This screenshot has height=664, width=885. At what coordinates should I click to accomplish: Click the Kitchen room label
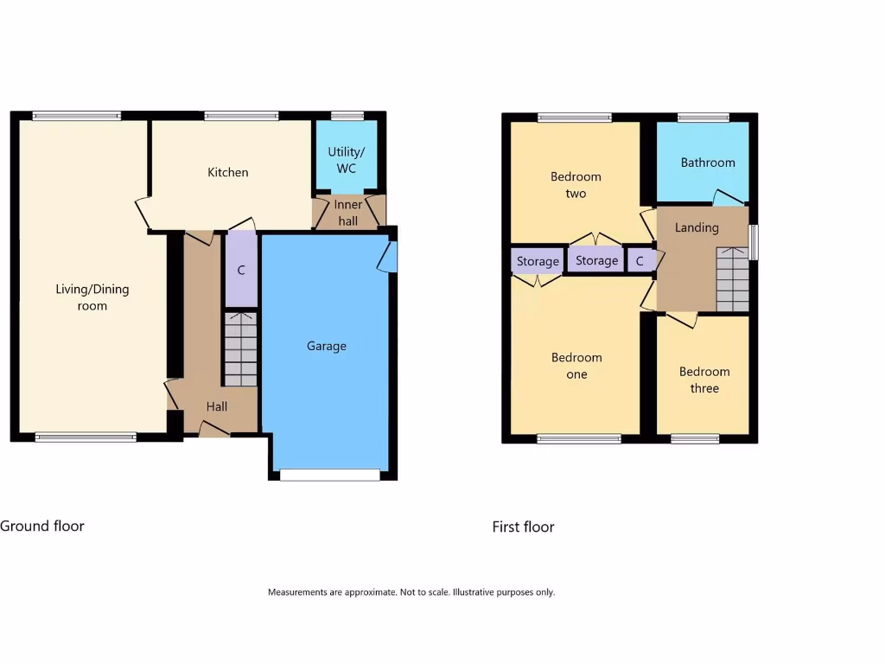pos(228,172)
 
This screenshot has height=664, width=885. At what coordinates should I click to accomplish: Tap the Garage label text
pos(327,346)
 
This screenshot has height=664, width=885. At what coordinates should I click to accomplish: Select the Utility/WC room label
pos(346,160)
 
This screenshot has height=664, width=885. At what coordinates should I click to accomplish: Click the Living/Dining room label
pos(92,297)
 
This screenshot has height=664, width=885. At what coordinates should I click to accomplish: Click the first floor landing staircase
pos(732,279)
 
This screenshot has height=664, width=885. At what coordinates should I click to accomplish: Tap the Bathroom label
pos(708,163)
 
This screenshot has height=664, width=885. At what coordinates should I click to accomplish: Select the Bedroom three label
pos(704,380)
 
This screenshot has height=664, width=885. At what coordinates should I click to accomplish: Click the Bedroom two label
pos(576,185)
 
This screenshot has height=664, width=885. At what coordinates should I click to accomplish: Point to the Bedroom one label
pos(576,366)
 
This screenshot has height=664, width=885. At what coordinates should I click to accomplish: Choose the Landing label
pos(697,227)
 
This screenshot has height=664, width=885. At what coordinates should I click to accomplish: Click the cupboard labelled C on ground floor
pos(241,271)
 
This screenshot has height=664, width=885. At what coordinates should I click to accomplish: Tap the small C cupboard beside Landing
pos(640,260)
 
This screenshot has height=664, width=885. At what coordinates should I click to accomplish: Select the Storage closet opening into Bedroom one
pos(538,261)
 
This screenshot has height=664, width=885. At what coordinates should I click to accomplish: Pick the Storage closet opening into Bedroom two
pos(597,260)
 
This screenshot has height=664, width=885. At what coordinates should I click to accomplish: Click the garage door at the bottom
pos(329,474)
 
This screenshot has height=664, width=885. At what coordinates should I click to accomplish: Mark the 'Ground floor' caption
pos(42,526)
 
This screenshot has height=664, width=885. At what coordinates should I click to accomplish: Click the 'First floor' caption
pos(523,527)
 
